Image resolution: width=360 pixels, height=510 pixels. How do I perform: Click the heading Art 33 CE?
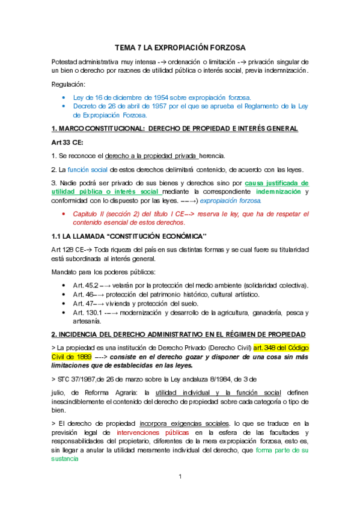[x=67, y=142]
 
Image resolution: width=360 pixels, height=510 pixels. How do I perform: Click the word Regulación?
[x=68, y=84]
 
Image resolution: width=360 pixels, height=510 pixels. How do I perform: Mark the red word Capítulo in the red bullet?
[x=87, y=214]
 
